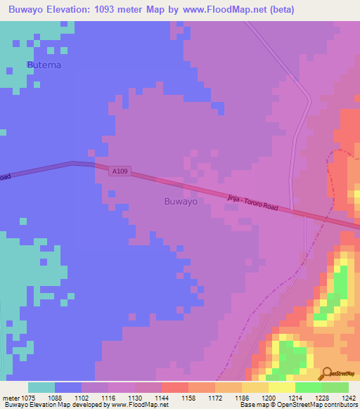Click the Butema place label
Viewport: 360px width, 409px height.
click(44, 65)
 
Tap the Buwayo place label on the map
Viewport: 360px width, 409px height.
click(180, 201)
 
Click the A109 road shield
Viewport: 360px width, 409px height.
click(120, 171)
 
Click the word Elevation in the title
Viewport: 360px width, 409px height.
click(84, 9)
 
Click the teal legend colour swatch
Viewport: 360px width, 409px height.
click(41, 387)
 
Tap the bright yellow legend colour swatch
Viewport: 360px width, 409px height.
click(281, 387)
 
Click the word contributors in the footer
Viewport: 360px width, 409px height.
click(337, 405)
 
